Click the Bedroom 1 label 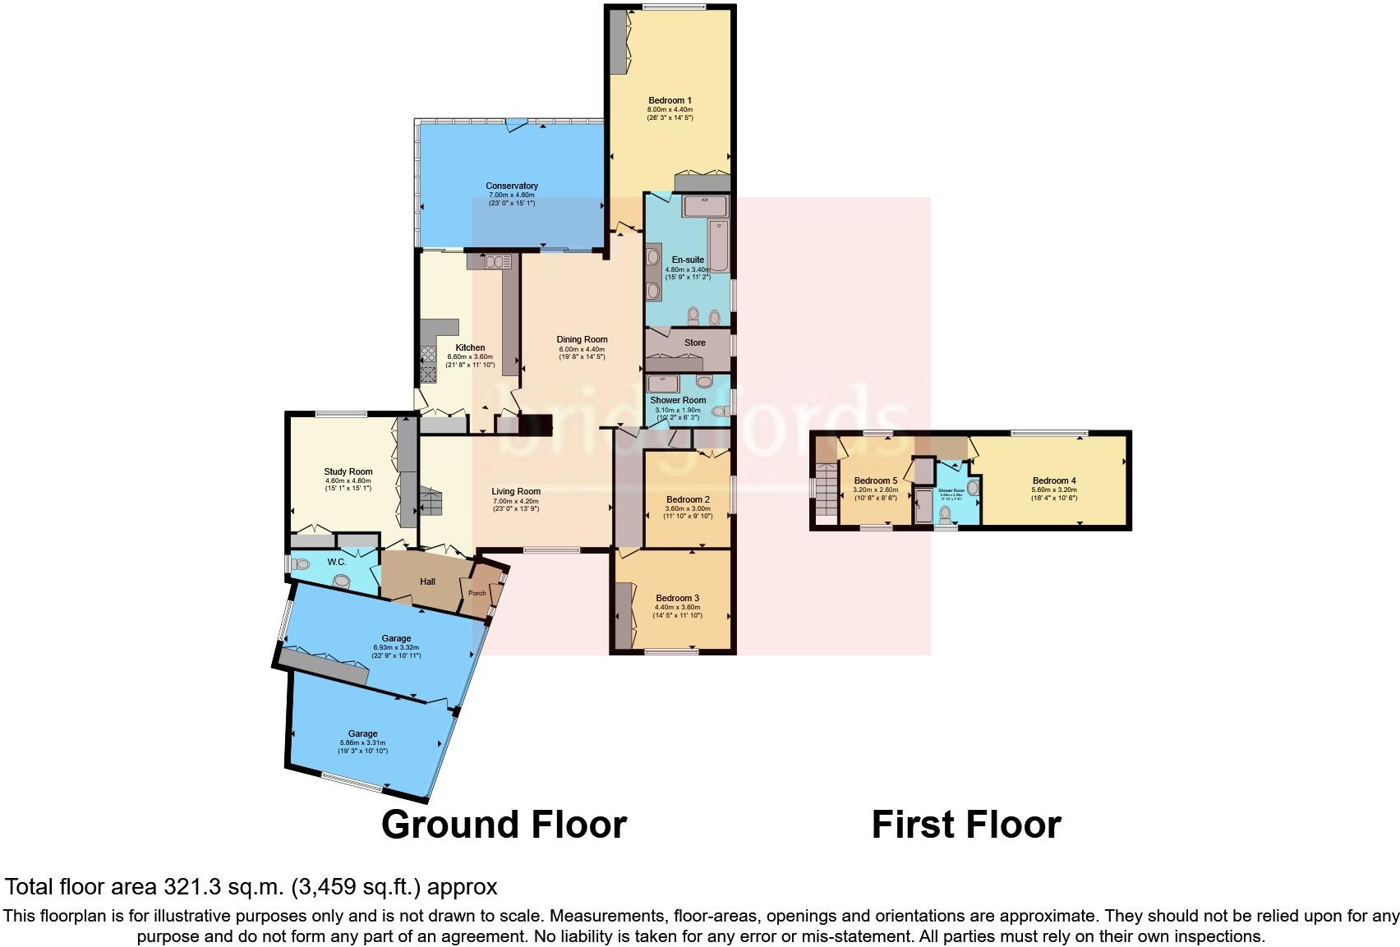click(x=670, y=100)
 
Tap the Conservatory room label click(x=511, y=186)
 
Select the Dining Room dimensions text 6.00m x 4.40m click(x=582, y=348)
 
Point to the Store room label click(x=695, y=342)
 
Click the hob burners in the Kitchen click(x=428, y=354)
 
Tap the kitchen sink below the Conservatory click(x=495, y=262)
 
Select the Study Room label click(x=348, y=471)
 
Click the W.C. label click(x=337, y=562)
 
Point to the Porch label click(x=477, y=593)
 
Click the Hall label click(x=427, y=582)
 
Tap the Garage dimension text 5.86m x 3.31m click(x=362, y=742)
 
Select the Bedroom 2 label click(x=688, y=499)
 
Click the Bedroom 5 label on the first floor click(x=876, y=480)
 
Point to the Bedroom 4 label click(x=1054, y=480)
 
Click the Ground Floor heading click(x=504, y=824)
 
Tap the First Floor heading click(x=965, y=824)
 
